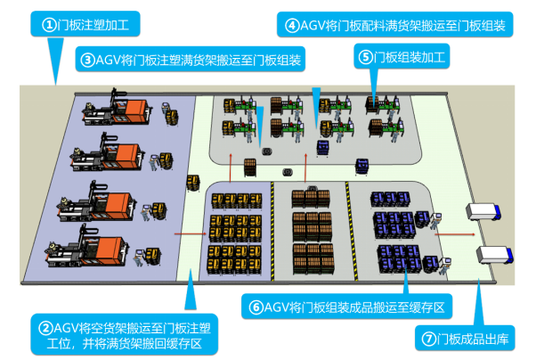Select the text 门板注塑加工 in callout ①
pos(93,25)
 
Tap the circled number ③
pos(87,61)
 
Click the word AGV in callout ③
pos(112,61)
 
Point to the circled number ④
pos(292,26)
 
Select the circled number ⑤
pos(366,58)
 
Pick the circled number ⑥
pos(256,307)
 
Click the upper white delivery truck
pos(488,214)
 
